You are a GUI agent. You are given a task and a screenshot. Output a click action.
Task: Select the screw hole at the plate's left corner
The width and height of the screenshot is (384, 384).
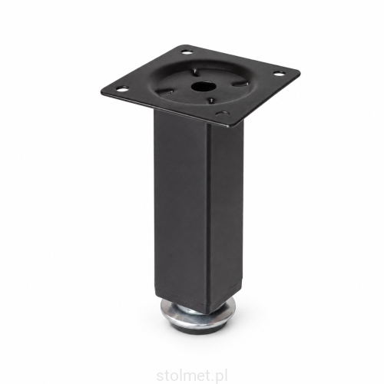point(120,89)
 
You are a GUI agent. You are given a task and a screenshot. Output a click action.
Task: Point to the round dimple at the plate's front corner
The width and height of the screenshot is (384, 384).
point(221,113)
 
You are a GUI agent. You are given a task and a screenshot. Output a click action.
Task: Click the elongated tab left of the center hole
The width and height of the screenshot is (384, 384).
point(169,91)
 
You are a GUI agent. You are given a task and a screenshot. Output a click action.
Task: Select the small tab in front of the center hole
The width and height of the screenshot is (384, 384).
point(211,101)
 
